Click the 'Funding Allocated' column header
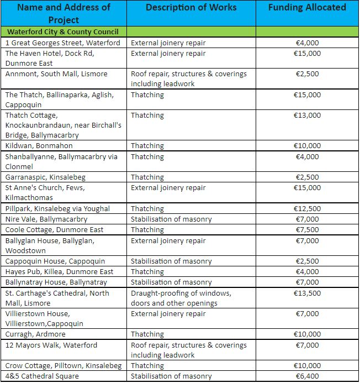click(307, 8)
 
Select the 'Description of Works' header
click(191, 8)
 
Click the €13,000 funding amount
click(307, 116)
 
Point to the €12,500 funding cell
click(307, 209)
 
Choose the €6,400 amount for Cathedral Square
click(307, 376)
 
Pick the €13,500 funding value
click(307, 293)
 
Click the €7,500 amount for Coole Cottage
click(307, 230)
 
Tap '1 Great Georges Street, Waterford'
click(62, 43)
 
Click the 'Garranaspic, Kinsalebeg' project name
click(45, 177)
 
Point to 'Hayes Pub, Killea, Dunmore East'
click(60, 272)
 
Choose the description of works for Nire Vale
click(171, 219)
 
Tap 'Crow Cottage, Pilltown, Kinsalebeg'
click(63, 366)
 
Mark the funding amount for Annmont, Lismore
click(307, 74)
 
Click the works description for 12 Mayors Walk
click(188, 345)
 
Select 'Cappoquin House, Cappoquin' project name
click(55, 261)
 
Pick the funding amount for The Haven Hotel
click(307, 54)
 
